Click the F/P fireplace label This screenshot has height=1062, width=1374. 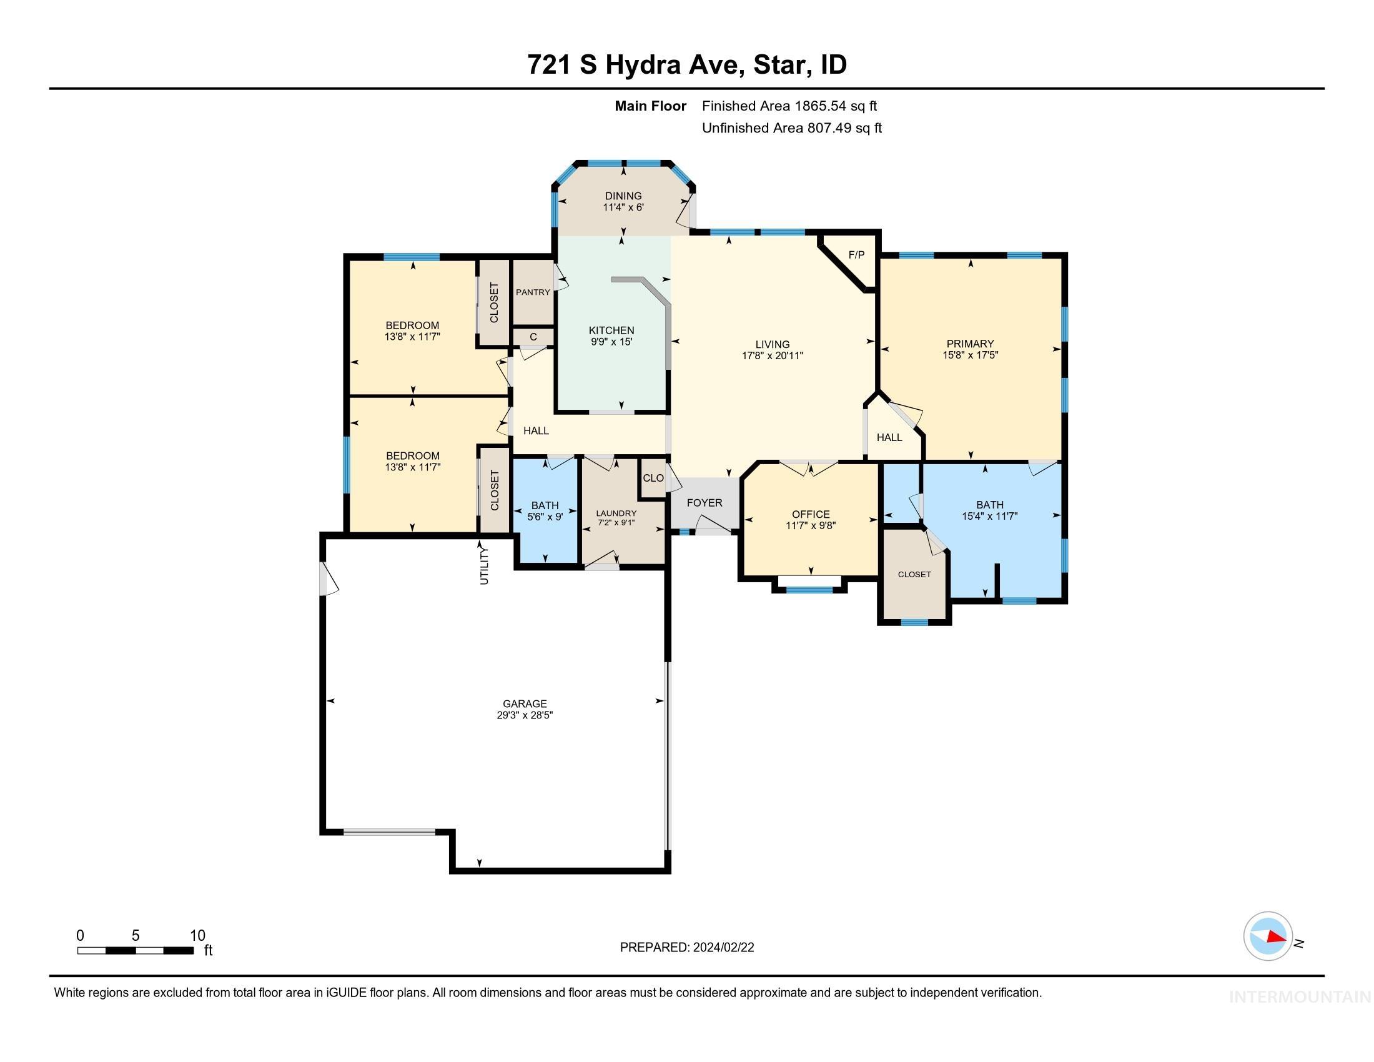click(856, 255)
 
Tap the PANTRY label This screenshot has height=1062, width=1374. click(533, 292)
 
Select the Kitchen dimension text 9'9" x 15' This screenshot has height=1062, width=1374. click(611, 342)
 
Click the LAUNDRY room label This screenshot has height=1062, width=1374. click(616, 514)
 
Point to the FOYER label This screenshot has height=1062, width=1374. click(704, 503)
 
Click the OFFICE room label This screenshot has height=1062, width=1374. click(810, 514)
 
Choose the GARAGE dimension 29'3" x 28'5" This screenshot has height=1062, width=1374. click(524, 715)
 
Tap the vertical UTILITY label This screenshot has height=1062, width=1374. click(484, 565)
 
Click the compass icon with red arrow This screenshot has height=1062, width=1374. click(1268, 936)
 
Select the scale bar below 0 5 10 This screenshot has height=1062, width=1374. click(136, 950)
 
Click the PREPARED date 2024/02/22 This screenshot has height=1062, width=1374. click(686, 948)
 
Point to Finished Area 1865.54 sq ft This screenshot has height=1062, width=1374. click(789, 106)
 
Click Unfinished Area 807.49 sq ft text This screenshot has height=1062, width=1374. click(791, 127)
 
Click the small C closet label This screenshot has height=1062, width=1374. click(533, 337)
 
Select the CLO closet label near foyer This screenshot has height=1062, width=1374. click(653, 478)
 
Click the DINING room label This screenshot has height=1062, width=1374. click(623, 196)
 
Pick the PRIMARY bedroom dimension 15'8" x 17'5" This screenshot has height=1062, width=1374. click(969, 355)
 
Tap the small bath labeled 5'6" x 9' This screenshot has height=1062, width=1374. click(544, 517)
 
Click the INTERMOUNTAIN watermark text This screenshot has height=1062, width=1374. click(1300, 997)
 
